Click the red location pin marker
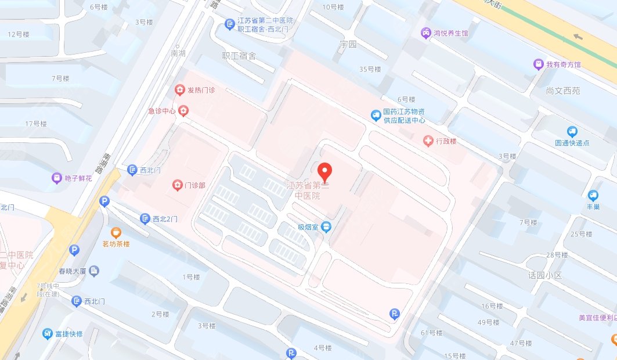(x=326, y=172)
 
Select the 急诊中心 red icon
(x=183, y=110)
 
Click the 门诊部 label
(x=194, y=186)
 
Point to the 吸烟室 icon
(x=327, y=226)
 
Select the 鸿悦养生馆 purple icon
(x=426, y=33)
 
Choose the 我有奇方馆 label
(x=563, y=64)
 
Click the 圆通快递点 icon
(x=573, y=132)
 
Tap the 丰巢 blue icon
(x=593, y=196)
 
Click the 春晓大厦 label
(x=72, y=271)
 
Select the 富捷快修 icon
(x=48, y=334)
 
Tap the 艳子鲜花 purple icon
(x=57, y=178)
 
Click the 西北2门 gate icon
(x=145, y=219)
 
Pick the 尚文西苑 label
(x=562, y=91)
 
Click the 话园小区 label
(x=546, y=275)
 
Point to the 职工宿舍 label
(x=239, y=56)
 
